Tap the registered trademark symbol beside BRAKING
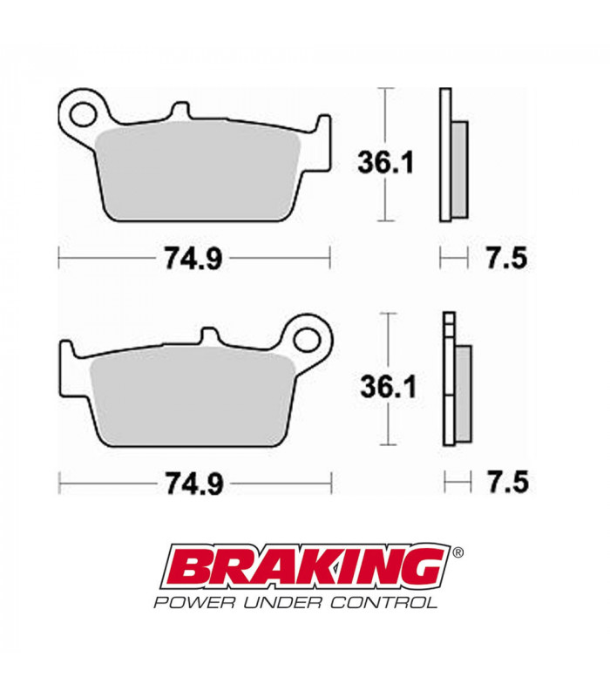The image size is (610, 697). tap(458, 552)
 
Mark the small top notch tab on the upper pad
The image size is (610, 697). tap(180, 111)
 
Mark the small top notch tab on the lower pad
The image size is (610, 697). tap(209, 335)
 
